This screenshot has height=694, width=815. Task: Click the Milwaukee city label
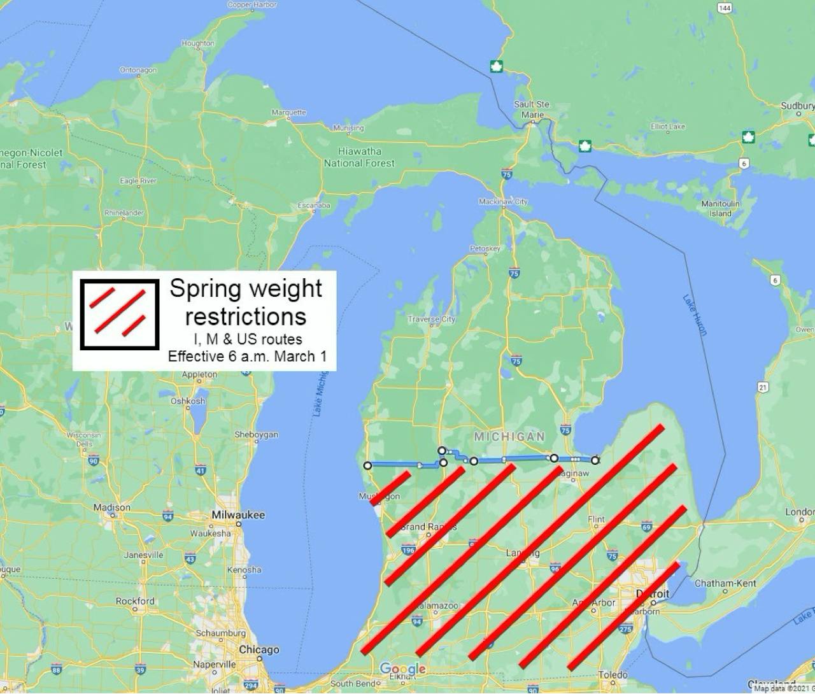tap(238, 514)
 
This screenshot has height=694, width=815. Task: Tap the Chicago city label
tap(259, 649)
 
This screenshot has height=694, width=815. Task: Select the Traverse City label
tap(432, 319)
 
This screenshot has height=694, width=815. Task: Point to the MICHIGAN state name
tap(509, 436)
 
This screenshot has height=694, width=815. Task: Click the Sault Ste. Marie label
tap(532, 109)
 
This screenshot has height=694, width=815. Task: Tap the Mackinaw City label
tap(503, 202)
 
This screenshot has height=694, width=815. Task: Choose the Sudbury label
tap(797, 106)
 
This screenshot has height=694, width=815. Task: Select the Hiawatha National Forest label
tap(360, 157)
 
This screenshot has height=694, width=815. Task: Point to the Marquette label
tap(289, 112)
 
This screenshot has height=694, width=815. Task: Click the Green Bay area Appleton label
tap(199, 374)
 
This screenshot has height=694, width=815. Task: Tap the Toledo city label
tap(613, 675)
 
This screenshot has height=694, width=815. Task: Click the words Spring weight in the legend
tap(246, 289)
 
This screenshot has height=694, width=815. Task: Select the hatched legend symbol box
tap(119, 315)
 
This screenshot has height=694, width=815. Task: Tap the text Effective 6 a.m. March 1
tap(247, 357)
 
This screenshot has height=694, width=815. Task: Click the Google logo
tap(402, 669)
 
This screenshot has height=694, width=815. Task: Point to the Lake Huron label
tap(695, 315)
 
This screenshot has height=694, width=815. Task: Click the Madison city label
tap(112, 507)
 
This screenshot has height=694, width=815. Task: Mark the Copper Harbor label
tap(252, 5)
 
